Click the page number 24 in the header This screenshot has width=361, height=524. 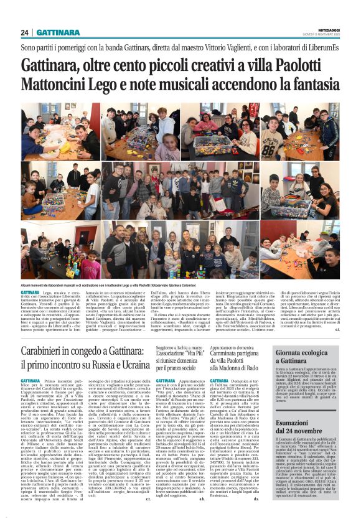[x=25, y=32]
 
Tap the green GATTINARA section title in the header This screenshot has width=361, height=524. [x=58, y=32]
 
